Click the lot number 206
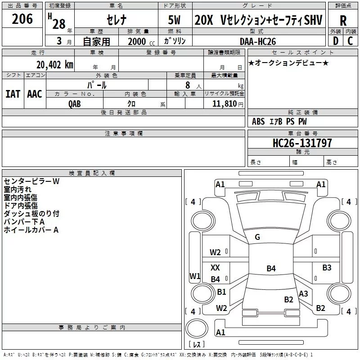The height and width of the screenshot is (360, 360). (x=22, y=19)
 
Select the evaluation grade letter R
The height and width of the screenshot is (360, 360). (x=343, y=21)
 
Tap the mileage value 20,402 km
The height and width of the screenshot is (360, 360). (x=55, y=65)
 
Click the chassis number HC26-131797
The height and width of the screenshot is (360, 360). (x=302, y=143)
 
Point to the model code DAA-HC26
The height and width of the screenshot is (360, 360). (x=257, y=41)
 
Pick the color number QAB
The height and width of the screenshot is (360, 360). (x=75, y=104)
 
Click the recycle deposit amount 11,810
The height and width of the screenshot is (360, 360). (x=224, y=104)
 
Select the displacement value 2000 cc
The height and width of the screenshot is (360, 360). (x=141, y=41)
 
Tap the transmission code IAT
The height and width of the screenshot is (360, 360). (x=13, y=94)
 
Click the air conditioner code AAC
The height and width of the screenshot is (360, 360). (x=35, y=94)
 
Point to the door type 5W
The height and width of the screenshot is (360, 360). (x=174, y=20)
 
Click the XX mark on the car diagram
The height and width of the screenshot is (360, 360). (x=215, y=267)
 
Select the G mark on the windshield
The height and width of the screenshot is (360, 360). (x=257, y=237)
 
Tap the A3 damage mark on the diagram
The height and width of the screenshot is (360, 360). (x=303, y=294)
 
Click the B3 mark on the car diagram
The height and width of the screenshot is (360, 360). (x=327, y=267)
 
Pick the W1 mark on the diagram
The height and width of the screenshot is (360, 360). (x=195, y=276)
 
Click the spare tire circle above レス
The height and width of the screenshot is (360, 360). (x=197, y=328)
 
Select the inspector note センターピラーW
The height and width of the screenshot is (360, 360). (x=31, y=181)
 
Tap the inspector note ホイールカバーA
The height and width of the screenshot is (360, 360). (x=31, y=230)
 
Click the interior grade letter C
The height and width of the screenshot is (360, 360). (x=350, y=41)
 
